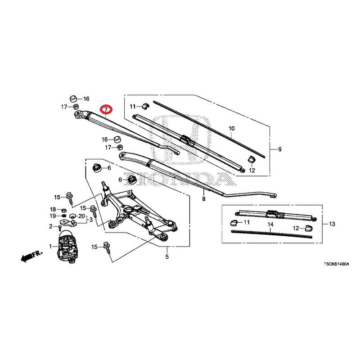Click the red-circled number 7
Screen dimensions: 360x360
tap(106, 110)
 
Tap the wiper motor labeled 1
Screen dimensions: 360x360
tap(66, 246)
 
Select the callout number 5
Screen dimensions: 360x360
tap(167, 256)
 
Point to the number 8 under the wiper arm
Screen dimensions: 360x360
tap(204, 199)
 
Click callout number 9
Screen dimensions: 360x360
tap(279, 149)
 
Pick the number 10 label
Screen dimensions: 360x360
tap(232, 128)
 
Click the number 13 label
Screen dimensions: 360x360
tap(332, 224)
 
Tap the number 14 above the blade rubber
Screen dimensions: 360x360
tap(270, 224)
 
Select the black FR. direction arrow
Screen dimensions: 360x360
tap(31, 256)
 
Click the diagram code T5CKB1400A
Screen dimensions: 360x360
tap(337, 264)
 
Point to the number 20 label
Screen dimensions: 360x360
tap(82, 216)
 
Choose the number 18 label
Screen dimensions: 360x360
tap(53, 209)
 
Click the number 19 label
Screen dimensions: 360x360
tap(53, 216)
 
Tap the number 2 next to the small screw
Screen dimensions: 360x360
tap(51, 226)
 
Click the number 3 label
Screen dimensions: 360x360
tap(91, 220)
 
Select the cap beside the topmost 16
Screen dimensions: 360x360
tap(73, 99)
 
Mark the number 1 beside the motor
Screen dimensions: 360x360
tap(50, 247)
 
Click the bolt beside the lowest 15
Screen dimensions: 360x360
tap(107, 247)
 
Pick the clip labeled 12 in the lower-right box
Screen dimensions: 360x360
tap(309, 228)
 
